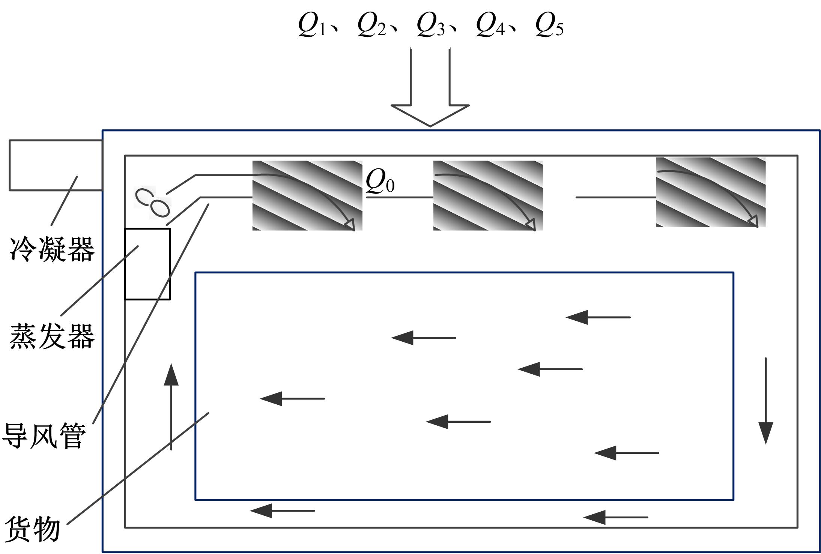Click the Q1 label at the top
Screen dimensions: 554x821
[312, 26]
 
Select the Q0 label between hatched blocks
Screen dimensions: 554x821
[380, 181]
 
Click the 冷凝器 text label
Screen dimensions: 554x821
[52, 249]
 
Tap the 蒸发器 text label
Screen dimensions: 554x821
[52, 336]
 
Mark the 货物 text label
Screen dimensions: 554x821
[33, 529]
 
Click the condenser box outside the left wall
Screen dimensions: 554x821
[56, 165]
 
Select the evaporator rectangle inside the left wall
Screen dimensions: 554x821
[147, 264]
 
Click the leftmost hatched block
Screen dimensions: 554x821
[307, 195]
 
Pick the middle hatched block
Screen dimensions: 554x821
[488, 195]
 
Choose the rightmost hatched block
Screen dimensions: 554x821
[711, 192]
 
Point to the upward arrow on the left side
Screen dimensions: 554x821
[171, 407]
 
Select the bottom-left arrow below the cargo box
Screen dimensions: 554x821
[282, 510]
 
